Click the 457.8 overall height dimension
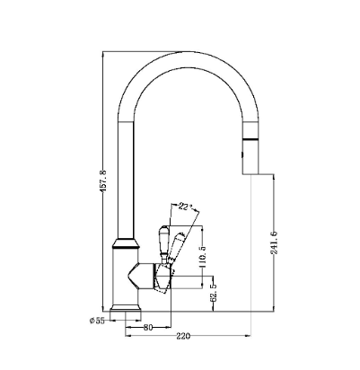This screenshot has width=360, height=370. tap(103, 181)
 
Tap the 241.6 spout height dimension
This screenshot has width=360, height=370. tap(274, 242)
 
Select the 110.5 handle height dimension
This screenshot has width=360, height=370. tap(203, 256)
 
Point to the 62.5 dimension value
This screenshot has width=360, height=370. tap(214, 293)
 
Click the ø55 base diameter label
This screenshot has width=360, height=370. tap(97, 321)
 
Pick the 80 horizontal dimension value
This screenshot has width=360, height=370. tap(148, 328)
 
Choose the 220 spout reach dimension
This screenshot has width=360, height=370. tap(183, 336)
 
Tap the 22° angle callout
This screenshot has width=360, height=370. tap(186, 207)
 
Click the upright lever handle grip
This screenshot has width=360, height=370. tap(163, 240)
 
